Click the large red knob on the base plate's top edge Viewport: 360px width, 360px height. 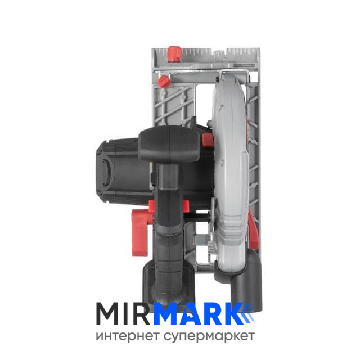(x=174, y=54)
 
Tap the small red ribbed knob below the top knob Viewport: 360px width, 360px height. (x=164, y=82)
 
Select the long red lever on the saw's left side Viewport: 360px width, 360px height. (x=139, y=232)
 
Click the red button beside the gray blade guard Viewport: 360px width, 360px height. (x=208, y=140)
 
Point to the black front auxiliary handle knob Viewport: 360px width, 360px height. (x=169, y=143)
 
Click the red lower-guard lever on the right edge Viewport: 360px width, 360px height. (x=254, y=230)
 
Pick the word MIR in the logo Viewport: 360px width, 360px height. (x=123, y=314)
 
